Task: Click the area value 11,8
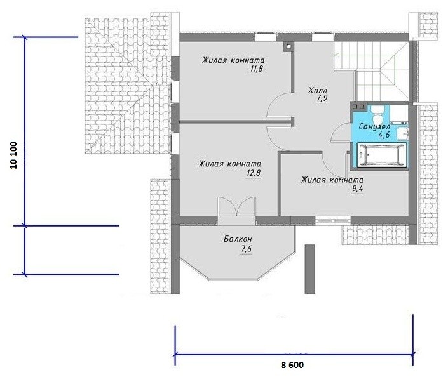point(256,69)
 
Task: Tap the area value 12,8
point(254,173)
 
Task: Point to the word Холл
point(318,91)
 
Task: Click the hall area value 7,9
point(322,98)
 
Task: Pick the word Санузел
point(374,126)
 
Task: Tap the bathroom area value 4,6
point(384,135)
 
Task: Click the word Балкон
point(238,239)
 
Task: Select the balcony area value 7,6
point(246,249)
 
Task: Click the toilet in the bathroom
point(377,114)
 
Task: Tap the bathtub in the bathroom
point(382,154)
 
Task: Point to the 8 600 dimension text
point(292,365)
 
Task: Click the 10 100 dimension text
point(14,155)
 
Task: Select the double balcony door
point(236,207)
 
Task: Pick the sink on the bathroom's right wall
point(404,134)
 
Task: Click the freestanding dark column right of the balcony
point(309,269)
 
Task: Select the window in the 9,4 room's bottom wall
point(333,220)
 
